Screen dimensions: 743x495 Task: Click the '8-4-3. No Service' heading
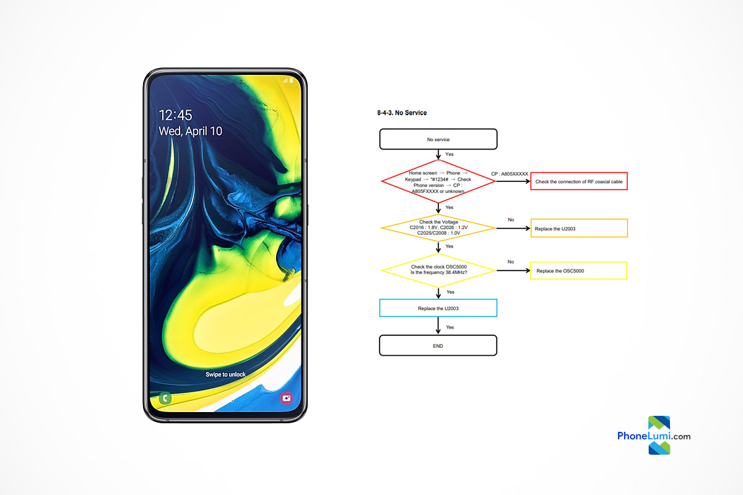click(402, 113)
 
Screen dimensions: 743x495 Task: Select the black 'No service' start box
click(438, 139)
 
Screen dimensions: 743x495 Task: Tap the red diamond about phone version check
click(438, 181)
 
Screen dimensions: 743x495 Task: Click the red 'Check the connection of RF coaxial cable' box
click(579, 181)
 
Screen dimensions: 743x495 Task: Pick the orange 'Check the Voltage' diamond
click(438, 228)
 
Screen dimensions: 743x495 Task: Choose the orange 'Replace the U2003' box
click(579, 228)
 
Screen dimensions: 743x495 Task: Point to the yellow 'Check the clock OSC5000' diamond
click(438, 270)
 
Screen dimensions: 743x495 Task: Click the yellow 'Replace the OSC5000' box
click(578, 270)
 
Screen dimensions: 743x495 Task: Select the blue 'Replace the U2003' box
click(438, 308)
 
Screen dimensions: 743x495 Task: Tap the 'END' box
click(438, 345)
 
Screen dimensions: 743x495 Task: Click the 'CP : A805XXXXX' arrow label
click(510, 174)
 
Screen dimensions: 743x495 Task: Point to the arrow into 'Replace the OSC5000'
click(513, 270)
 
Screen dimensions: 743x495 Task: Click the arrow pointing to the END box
click(438, 325)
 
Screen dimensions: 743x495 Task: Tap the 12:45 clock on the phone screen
click(175, 115)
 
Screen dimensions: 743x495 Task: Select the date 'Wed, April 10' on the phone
click(191, 131)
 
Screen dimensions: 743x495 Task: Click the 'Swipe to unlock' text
click(225, 374)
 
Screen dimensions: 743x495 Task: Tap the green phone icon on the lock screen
click(165, 398)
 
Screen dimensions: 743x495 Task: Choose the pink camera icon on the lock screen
click(286, 398)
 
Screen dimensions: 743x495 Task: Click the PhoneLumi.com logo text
click(654, 436)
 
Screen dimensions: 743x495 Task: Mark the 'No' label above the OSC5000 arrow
click(511, 262)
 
